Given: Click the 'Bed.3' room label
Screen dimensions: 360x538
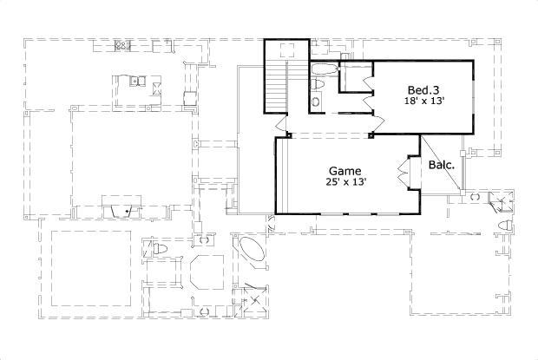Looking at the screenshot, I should pos(423,89).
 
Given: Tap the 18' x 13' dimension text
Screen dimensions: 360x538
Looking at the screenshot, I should pos(424,101).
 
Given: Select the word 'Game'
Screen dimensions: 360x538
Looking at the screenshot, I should pos(344,171).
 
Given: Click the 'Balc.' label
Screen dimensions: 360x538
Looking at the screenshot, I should pos(438,163).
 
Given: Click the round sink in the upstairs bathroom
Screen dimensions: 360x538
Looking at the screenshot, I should pos(316,102).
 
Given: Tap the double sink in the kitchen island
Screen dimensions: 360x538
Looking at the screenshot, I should pos(137,82).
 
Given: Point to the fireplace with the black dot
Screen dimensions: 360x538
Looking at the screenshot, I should pos(122,208).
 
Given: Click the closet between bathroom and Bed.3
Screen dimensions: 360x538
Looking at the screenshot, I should pos(354,77).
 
